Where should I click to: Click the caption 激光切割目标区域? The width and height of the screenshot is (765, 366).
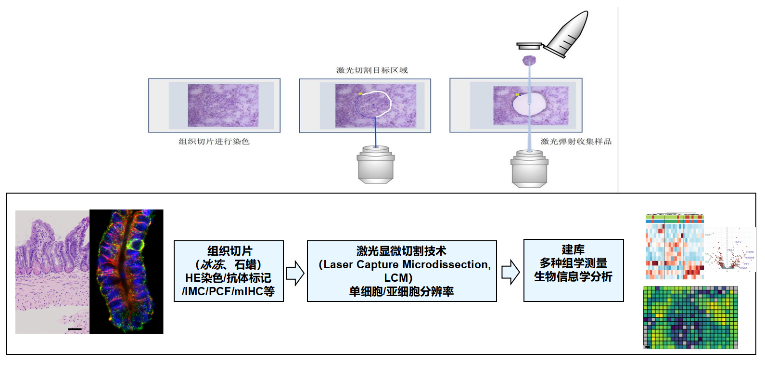372,70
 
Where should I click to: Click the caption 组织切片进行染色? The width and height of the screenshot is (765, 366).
214,142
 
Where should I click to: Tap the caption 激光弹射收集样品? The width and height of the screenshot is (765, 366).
576,142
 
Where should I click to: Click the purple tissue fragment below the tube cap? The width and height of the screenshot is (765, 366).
529,61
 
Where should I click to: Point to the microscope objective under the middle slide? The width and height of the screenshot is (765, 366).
376,164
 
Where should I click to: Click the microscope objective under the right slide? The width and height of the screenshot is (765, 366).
529,168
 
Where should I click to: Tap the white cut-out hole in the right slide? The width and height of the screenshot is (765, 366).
529,104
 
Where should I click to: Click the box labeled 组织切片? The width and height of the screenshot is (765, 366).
229,271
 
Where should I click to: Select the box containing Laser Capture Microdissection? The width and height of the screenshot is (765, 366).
402,271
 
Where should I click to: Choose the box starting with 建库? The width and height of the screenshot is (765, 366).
574,270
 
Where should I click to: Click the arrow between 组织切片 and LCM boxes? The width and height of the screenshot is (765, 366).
295,273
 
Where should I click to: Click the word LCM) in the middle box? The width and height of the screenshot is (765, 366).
398,278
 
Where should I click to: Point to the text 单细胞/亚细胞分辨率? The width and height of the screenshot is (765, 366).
401,291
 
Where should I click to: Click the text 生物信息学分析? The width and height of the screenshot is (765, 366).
573,277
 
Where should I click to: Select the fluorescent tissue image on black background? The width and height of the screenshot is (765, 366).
127,272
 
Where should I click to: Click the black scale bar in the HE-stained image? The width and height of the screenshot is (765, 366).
75,329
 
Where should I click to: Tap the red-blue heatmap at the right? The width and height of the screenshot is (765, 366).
674,247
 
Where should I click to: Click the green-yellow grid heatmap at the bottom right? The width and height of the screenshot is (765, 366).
690,317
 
